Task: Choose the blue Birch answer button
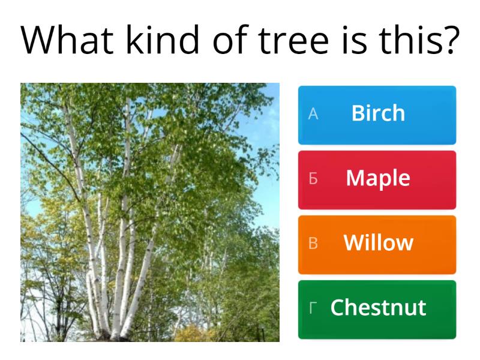(x=377, y=115)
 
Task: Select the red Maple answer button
(x=377, y=179)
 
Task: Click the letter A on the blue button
(x=313, y=115)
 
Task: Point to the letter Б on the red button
(x=313, y=179)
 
